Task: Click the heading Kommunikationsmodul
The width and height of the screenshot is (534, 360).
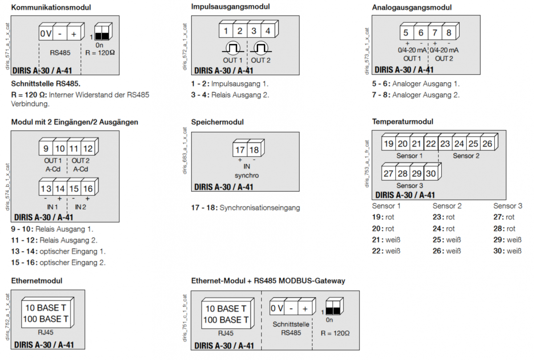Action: pos(51,8)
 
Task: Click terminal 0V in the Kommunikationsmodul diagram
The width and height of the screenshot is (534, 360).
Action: pos(46,34)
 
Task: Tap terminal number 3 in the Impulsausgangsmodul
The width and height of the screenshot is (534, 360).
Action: pos(253,31)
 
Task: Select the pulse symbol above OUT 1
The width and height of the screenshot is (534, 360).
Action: pos(233,48)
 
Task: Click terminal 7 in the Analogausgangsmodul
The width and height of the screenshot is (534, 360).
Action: pos(434,32)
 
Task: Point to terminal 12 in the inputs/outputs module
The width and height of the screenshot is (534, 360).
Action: pos(88,149)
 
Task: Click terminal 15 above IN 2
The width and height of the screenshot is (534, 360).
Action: pos(74,189)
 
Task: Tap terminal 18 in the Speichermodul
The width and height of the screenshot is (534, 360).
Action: pos(254,150)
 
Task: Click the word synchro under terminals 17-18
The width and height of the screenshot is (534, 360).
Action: pos(247,175)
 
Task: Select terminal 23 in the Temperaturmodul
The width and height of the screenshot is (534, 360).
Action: pos(445,144)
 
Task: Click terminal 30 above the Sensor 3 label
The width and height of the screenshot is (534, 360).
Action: pos(430,174)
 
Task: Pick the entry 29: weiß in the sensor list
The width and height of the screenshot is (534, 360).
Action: pos(507,240)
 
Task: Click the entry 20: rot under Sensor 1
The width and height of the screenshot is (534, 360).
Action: pos(384,229)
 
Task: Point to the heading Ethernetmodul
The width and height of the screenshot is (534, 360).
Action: pos(36,281)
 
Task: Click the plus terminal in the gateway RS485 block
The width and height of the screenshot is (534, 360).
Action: pos(305,308)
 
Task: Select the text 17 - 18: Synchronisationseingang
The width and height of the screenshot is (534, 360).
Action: pos(246,208)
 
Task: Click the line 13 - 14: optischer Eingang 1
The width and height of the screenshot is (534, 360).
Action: pos(58,251)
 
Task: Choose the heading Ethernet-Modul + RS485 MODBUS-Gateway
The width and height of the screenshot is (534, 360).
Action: pos(268,281)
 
